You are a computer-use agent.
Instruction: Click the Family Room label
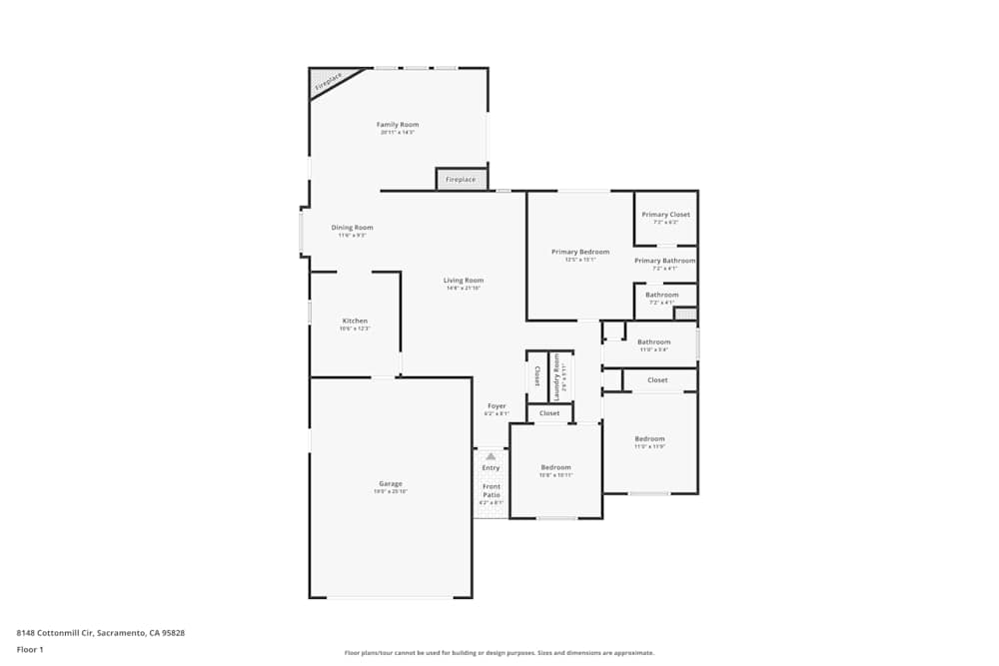[397, 125]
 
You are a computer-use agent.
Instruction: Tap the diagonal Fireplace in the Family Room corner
[327, 83]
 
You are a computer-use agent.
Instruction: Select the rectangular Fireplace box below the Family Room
[461, 180]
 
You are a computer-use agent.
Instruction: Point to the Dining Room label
[352, 228]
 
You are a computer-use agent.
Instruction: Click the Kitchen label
[355, 321]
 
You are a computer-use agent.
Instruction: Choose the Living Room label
[464, 281]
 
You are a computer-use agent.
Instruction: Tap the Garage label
[390, 484]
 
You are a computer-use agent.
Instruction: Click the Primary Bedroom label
[579, 252]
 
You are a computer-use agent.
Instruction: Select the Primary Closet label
[665, 215]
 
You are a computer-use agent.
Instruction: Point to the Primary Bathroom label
[665, 261]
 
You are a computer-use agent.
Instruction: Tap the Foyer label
[497, 406]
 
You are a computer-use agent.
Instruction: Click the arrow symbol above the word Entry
[491, 456]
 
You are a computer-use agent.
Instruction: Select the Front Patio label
[491, 490]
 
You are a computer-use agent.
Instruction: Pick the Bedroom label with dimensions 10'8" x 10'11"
[555, 467]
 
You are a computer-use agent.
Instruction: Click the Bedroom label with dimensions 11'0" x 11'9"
[649, 439]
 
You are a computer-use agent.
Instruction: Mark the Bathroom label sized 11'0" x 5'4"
[654, 342]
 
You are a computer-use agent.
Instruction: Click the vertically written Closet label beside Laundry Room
[537, 376]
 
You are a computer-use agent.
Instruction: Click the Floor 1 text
[30, 649]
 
